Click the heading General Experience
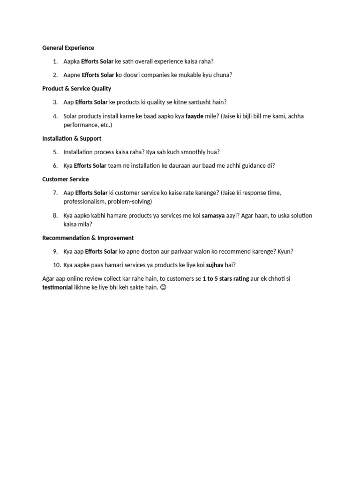pyautogui.click(x=68, y=48)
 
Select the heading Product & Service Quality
pyautogui.click(x=76, y=89)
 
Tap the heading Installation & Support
pyautogui.click(x=71, y=139)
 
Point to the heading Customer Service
pyautogui.click(x=65, y=180)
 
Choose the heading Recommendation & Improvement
pyautogui.click(x=88, y=238)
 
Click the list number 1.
pyautogui.click(x=55, y=61)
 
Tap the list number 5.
pyautogui.click(x=55, y=152)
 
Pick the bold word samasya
pyautogui.click(x=213, y=216)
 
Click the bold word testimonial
pyautogui.click(x=57, y=287)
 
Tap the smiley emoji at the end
pyautogui.click(x=163, y=287)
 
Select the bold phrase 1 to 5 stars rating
pyautogui.click(x=225, y=279)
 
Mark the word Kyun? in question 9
pyautogui.click(x=285, y=252)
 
